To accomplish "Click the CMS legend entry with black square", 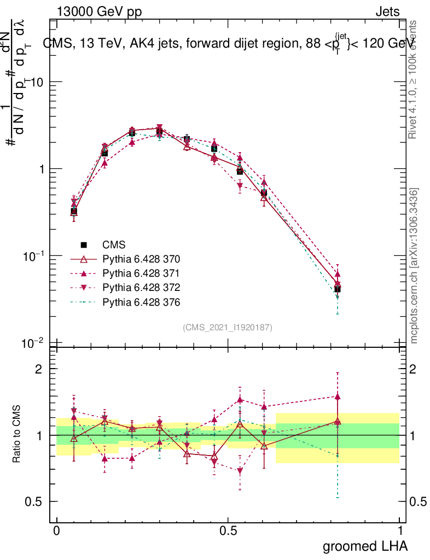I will (x=114, y=245).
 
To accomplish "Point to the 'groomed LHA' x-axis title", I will (x=365, y=546).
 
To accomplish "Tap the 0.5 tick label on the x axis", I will (x=228, y=531).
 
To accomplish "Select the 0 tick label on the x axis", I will (x=56, y=531).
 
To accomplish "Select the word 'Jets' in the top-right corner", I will (x=387, y=11).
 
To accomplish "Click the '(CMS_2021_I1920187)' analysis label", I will (x=228, y=327).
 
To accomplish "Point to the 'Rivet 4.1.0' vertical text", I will (x=414, y=79).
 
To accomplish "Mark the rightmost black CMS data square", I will (x=338, y=289).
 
